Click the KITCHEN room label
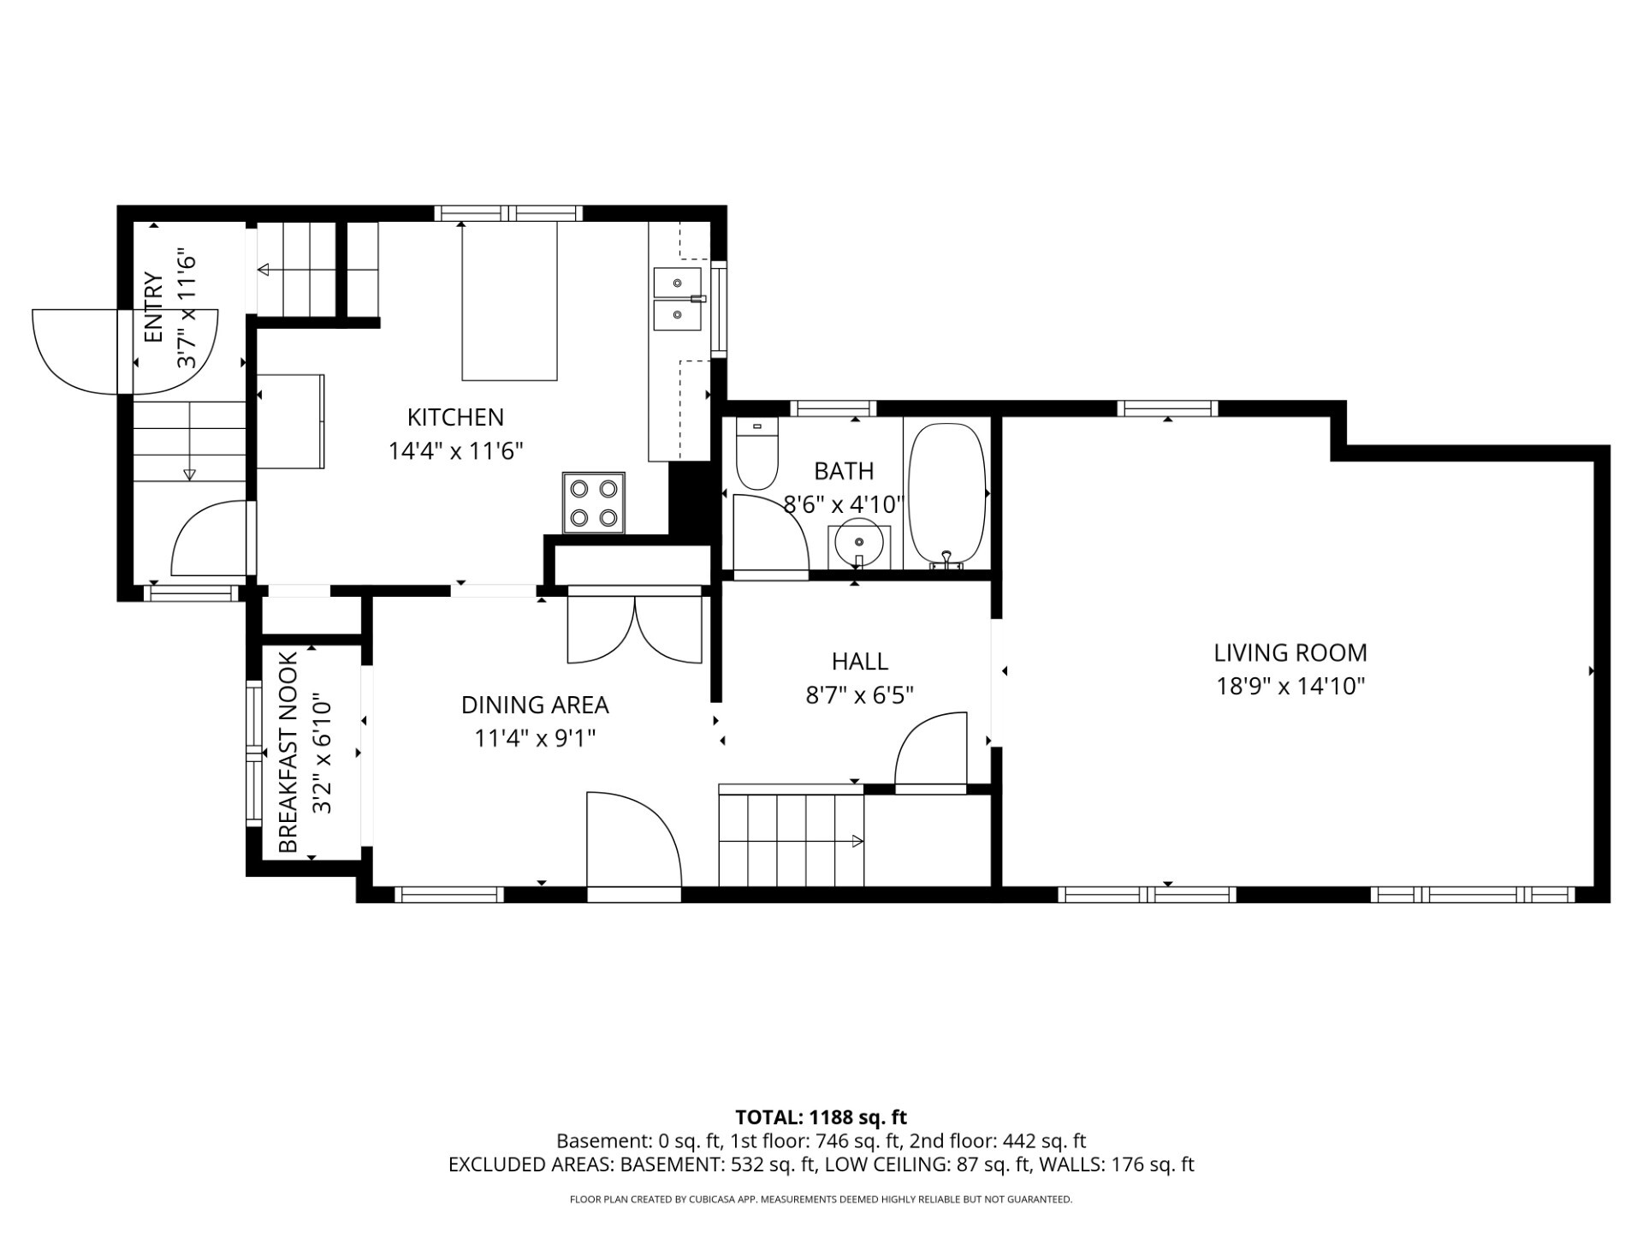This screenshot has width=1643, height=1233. pos(455,418)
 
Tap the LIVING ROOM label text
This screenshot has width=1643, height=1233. pos(1290,653)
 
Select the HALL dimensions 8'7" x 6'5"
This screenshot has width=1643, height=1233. pos(860,694)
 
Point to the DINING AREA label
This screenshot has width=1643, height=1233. pos(535,706)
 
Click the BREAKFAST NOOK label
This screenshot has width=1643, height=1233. pos(288,753)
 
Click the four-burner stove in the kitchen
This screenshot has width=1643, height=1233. pos(594,503)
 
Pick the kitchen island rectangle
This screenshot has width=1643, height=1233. pos(510,301)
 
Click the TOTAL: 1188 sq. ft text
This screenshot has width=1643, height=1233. pos(821,1117)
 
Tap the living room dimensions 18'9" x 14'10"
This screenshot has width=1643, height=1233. pos(1290,687)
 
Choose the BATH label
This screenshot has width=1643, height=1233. pos(844,472)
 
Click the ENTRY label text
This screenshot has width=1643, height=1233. pos(153,307)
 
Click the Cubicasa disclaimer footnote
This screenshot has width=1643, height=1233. pos(821,1200)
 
